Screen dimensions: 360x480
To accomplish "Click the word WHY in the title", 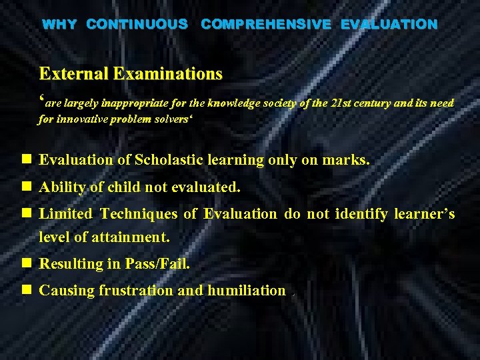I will tap(59, 25).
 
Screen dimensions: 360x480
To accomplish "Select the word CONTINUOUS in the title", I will tap(137, 25).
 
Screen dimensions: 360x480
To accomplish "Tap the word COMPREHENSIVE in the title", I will tap(266, 25).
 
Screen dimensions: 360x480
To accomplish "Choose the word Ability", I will tap(63, 188).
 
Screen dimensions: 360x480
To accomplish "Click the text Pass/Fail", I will tap(157, 264).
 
